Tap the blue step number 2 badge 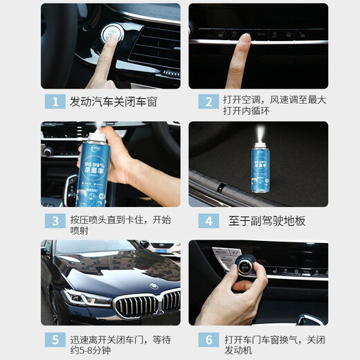coord(208,101)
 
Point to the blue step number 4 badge coord(208,221)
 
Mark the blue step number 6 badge coord(208,340)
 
